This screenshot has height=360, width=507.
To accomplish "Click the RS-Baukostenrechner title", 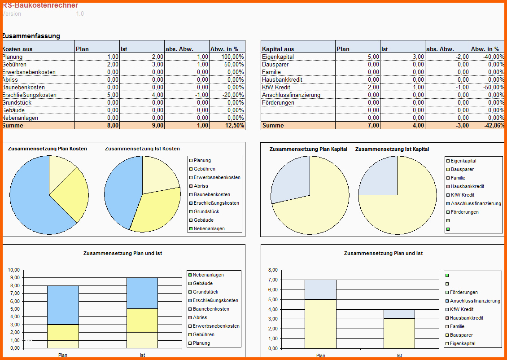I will pos(40,5).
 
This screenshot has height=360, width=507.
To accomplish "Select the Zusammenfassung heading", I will pos(31,36).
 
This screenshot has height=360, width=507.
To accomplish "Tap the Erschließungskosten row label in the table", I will pos(30,95).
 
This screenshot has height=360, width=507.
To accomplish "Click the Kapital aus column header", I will pos(278,49).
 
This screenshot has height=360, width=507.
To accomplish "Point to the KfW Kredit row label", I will pos(276,88).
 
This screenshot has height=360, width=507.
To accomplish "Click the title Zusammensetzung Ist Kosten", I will pos(142,149).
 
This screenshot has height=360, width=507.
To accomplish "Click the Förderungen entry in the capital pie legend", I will pos(464,212).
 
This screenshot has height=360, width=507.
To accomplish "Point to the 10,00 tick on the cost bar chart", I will pos(14,270).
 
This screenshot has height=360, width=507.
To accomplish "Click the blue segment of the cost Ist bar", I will pos(142,293).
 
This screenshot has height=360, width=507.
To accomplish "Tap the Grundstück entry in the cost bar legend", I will pos(205,292).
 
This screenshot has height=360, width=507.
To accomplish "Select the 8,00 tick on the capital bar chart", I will pos(272,270).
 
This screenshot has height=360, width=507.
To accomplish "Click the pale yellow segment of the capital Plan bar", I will pos(320,323).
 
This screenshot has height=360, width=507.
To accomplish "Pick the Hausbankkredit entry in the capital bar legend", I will pos(466,318).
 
